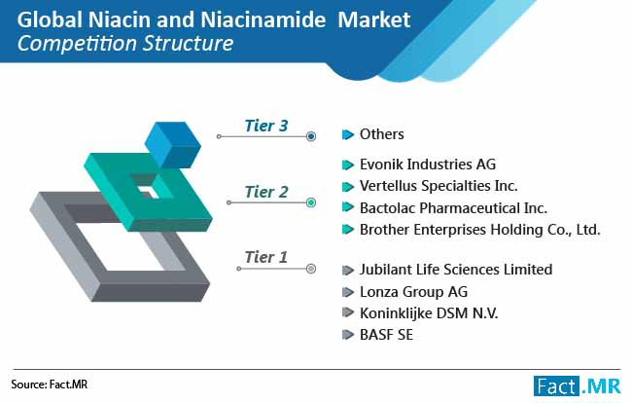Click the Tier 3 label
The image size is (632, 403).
(266, 126)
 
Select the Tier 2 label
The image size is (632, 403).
(266, 192)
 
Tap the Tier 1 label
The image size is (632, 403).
(266, 257)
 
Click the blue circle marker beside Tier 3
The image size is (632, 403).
(311, 136)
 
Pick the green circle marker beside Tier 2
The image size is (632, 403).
(311, 202)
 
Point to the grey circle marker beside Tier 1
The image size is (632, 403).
(311, 269)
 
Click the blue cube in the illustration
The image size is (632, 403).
(172, 145)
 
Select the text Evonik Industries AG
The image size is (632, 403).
(428, 165)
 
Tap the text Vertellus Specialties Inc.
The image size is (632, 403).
(439, 186)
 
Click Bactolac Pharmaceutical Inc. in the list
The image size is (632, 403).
(453, 208)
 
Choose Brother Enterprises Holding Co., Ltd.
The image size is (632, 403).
(480, 230)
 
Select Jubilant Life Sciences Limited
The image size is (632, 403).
(456, 270)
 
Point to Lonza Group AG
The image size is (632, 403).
(413, 292)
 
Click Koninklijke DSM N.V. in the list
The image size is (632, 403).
(429, 313)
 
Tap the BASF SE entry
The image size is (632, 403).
(387, 335)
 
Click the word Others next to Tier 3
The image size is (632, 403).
(382, 134)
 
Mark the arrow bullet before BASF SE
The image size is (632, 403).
(347, 335)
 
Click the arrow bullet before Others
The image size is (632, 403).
(347, 134)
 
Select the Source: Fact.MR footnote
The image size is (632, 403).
(50, 385)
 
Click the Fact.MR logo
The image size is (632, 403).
(578, 386)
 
